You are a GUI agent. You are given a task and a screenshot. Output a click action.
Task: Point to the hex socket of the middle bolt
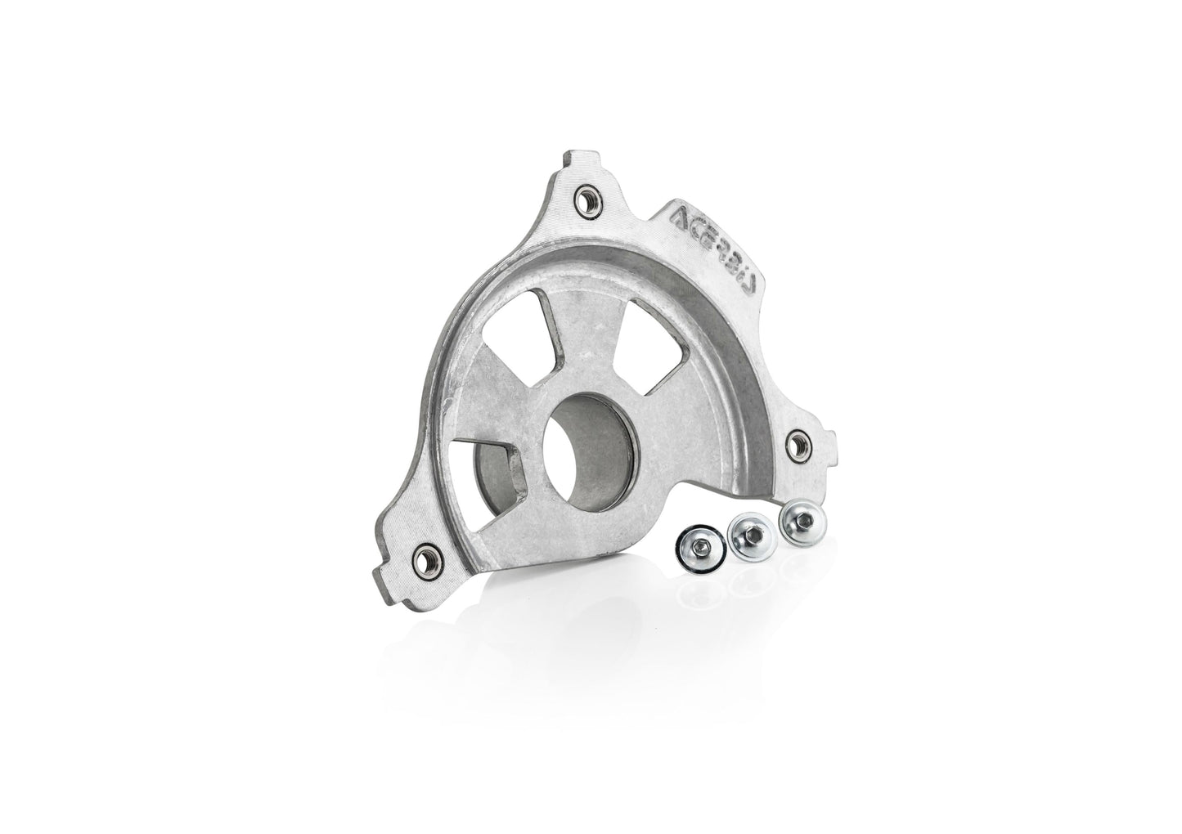752,533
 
